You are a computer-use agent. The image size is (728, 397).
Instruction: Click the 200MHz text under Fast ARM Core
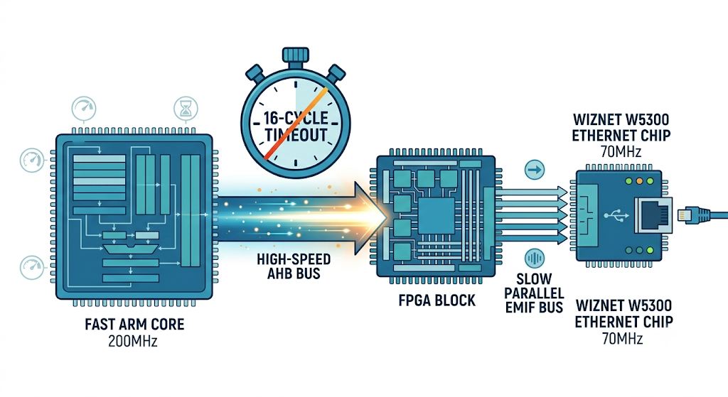(133, 342)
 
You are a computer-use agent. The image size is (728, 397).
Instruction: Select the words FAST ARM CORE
(134, 324)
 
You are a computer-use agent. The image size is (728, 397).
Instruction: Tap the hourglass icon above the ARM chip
(186, 109)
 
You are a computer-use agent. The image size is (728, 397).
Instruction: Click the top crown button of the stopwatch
(295, 55)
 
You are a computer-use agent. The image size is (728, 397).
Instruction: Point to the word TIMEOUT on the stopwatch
(296, 135)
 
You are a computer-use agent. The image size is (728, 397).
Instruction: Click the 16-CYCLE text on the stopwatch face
(296, 118)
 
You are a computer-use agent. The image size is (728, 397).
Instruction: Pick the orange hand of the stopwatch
(296, 123)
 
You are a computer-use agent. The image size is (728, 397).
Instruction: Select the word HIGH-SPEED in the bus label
(294, 259)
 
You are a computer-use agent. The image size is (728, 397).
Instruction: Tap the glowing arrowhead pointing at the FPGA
(370, 218)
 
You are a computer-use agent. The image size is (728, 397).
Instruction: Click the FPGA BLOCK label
(437, 300)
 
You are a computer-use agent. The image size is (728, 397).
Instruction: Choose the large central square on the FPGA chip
(437, 216)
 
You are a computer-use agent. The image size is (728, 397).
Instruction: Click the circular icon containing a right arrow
(535, 170)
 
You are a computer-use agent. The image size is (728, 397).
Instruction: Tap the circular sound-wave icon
(535, 259)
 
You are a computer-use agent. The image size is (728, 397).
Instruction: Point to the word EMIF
(521, 307)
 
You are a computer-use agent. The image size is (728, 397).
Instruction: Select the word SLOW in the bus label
(534, 278)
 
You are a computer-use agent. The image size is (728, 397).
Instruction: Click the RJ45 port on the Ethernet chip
(653, 215)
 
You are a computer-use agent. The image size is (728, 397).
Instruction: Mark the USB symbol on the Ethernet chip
(616, 215)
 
